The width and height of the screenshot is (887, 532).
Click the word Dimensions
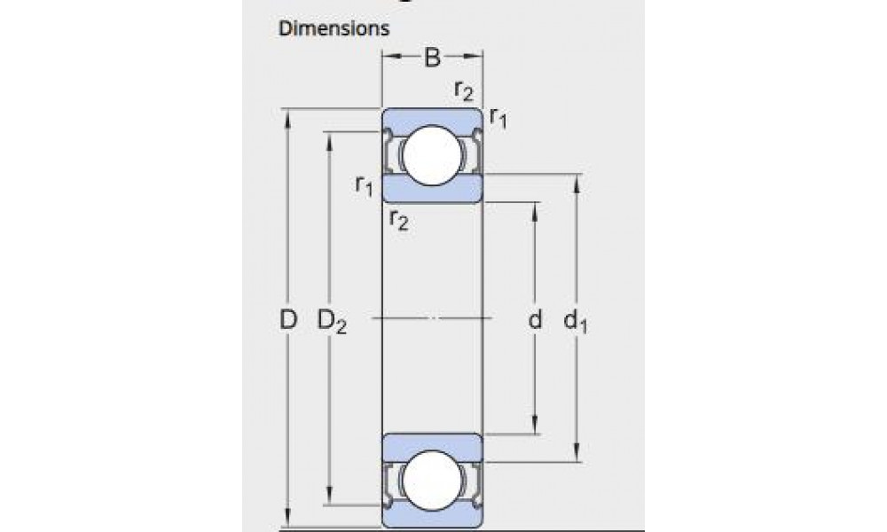(334, 28)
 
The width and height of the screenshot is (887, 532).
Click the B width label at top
(432, 59)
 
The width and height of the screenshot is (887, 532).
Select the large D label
(287, 321)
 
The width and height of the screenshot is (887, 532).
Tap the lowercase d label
(535, 321)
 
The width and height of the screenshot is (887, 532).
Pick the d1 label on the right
(577, 323)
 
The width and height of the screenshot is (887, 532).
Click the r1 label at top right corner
(498, 118)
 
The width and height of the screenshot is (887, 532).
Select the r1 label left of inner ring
(364, 185)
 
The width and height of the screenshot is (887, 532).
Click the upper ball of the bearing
(432, 154)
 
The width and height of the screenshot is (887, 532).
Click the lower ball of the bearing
(432, 480)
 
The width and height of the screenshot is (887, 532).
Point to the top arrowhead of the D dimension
(287, 117)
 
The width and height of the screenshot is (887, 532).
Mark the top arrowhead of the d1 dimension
(577, 182)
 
